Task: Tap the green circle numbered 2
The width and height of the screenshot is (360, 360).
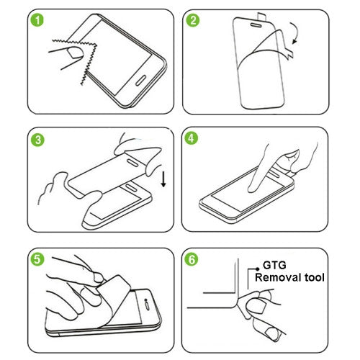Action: [192, 20]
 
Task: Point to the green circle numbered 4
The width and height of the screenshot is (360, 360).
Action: [192, 138]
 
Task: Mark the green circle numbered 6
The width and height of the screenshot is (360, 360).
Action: [192, 257]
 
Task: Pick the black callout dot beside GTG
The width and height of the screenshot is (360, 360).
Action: [253, 270]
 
